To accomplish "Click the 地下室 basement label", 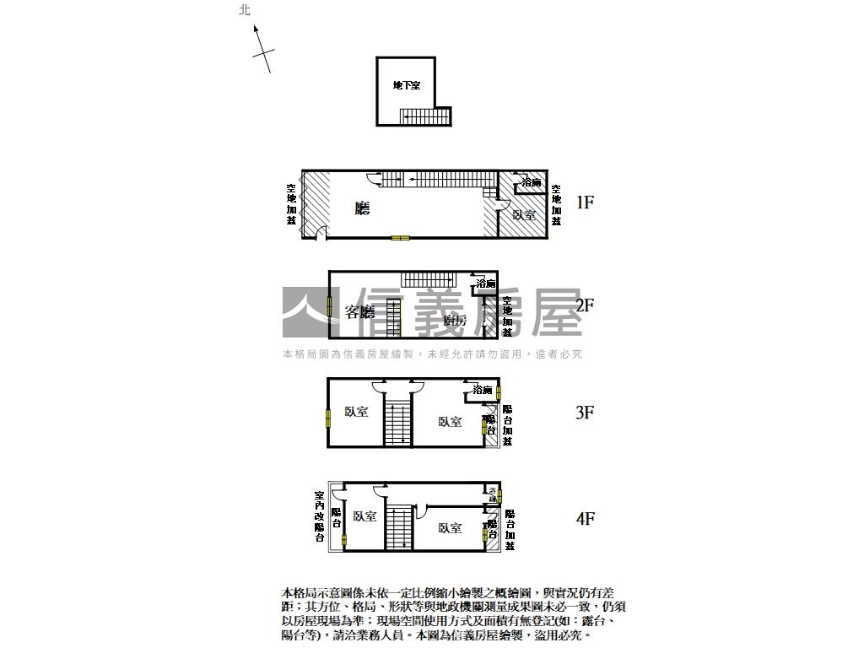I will pyautogui.click(x=406, y=85).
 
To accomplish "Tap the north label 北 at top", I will pyautogui.click(x=245, y=10).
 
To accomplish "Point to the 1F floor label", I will pyautogui.click(x=586, y=202).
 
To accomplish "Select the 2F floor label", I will pyautogui.click(x=586, y=305).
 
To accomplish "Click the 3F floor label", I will pyautogui.click(x=586, y=413).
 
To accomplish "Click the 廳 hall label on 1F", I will pyautogui.click(x=363, y=207).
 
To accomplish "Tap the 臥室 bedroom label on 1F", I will pyautogui.click(x=524, y=215).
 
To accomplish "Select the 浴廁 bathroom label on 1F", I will pyautogui.click(x=532, y=182).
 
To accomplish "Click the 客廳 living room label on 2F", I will pyautogui.click(x=360, y=312).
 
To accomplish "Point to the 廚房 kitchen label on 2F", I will pyautogui.click(x=455, y=321).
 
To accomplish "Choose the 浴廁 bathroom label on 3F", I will pyautogui.click(x=483, y=390).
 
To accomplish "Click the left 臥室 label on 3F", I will pyautogui.click(x=356, y=413).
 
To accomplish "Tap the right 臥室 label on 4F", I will pyautogui.click(x=450, y=528).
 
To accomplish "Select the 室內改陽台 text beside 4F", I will pyautogui.click(x=320, y=516).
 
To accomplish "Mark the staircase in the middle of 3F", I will pyautogui.click(x=397, y=424).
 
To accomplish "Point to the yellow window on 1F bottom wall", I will pyautogui.click(x=400, y=238).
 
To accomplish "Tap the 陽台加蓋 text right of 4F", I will pyautogui.click(x=510, y=529).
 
